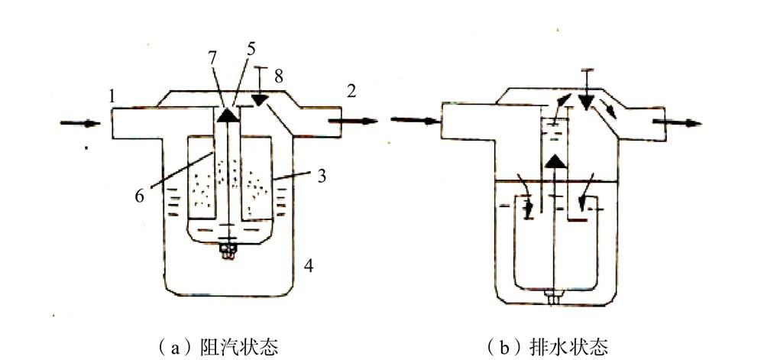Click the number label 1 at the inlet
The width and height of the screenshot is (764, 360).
[112, 97]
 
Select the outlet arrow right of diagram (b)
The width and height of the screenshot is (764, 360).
[687, 122]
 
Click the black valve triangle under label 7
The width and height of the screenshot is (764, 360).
[227, 114]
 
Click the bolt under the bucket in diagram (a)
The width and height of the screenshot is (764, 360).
[227, 249]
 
